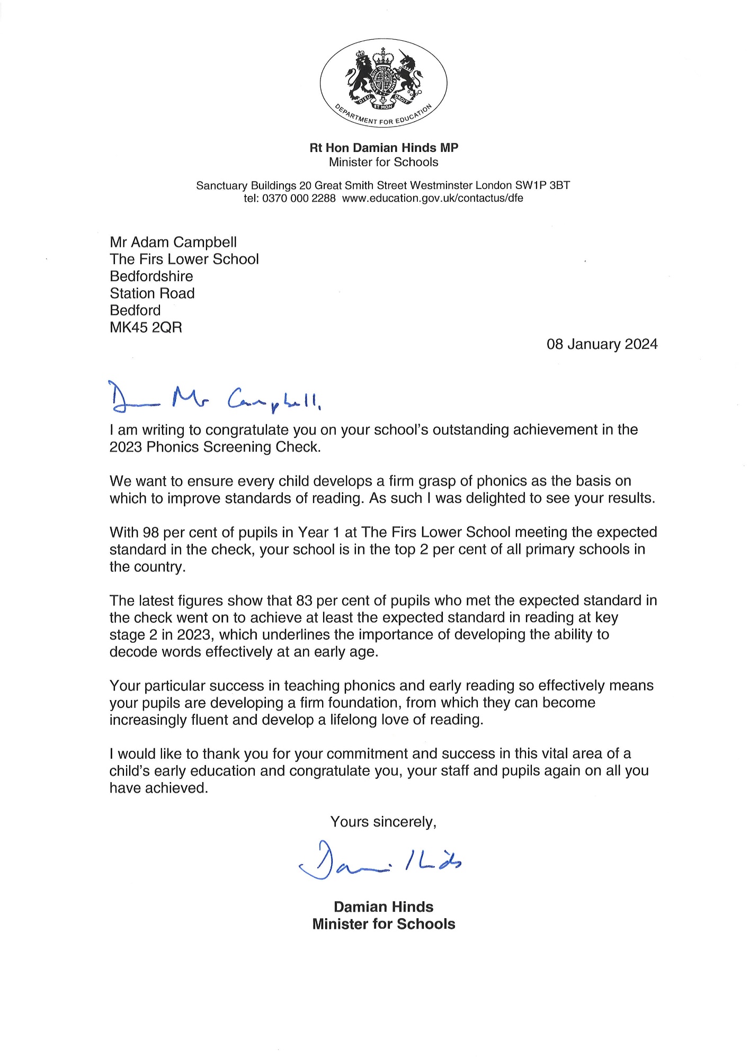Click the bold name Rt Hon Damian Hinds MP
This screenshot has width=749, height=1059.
pyautogui.click(x=384, y=148)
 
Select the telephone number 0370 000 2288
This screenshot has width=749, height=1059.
pyautogui.click(x=299, y=199)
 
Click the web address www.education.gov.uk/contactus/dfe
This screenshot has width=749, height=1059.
pyautogui.click(x=432, y=199)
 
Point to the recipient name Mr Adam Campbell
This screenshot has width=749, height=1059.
pyautogui.click(x=173, y=243)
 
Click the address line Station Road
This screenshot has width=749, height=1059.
pyautogui.click(x=152, y=293)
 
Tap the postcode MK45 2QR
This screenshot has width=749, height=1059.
pyautogui.click(x=146, y=327)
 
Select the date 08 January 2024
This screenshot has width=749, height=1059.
pyautogui.click(x=602, y=344)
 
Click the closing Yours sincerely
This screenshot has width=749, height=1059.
pyautogui.click(x=383, y=822)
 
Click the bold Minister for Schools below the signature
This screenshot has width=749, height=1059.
pyautogui.click(x=384, y=924)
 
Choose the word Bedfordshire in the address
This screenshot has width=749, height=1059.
pyautogui.click(x=151, y=276)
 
